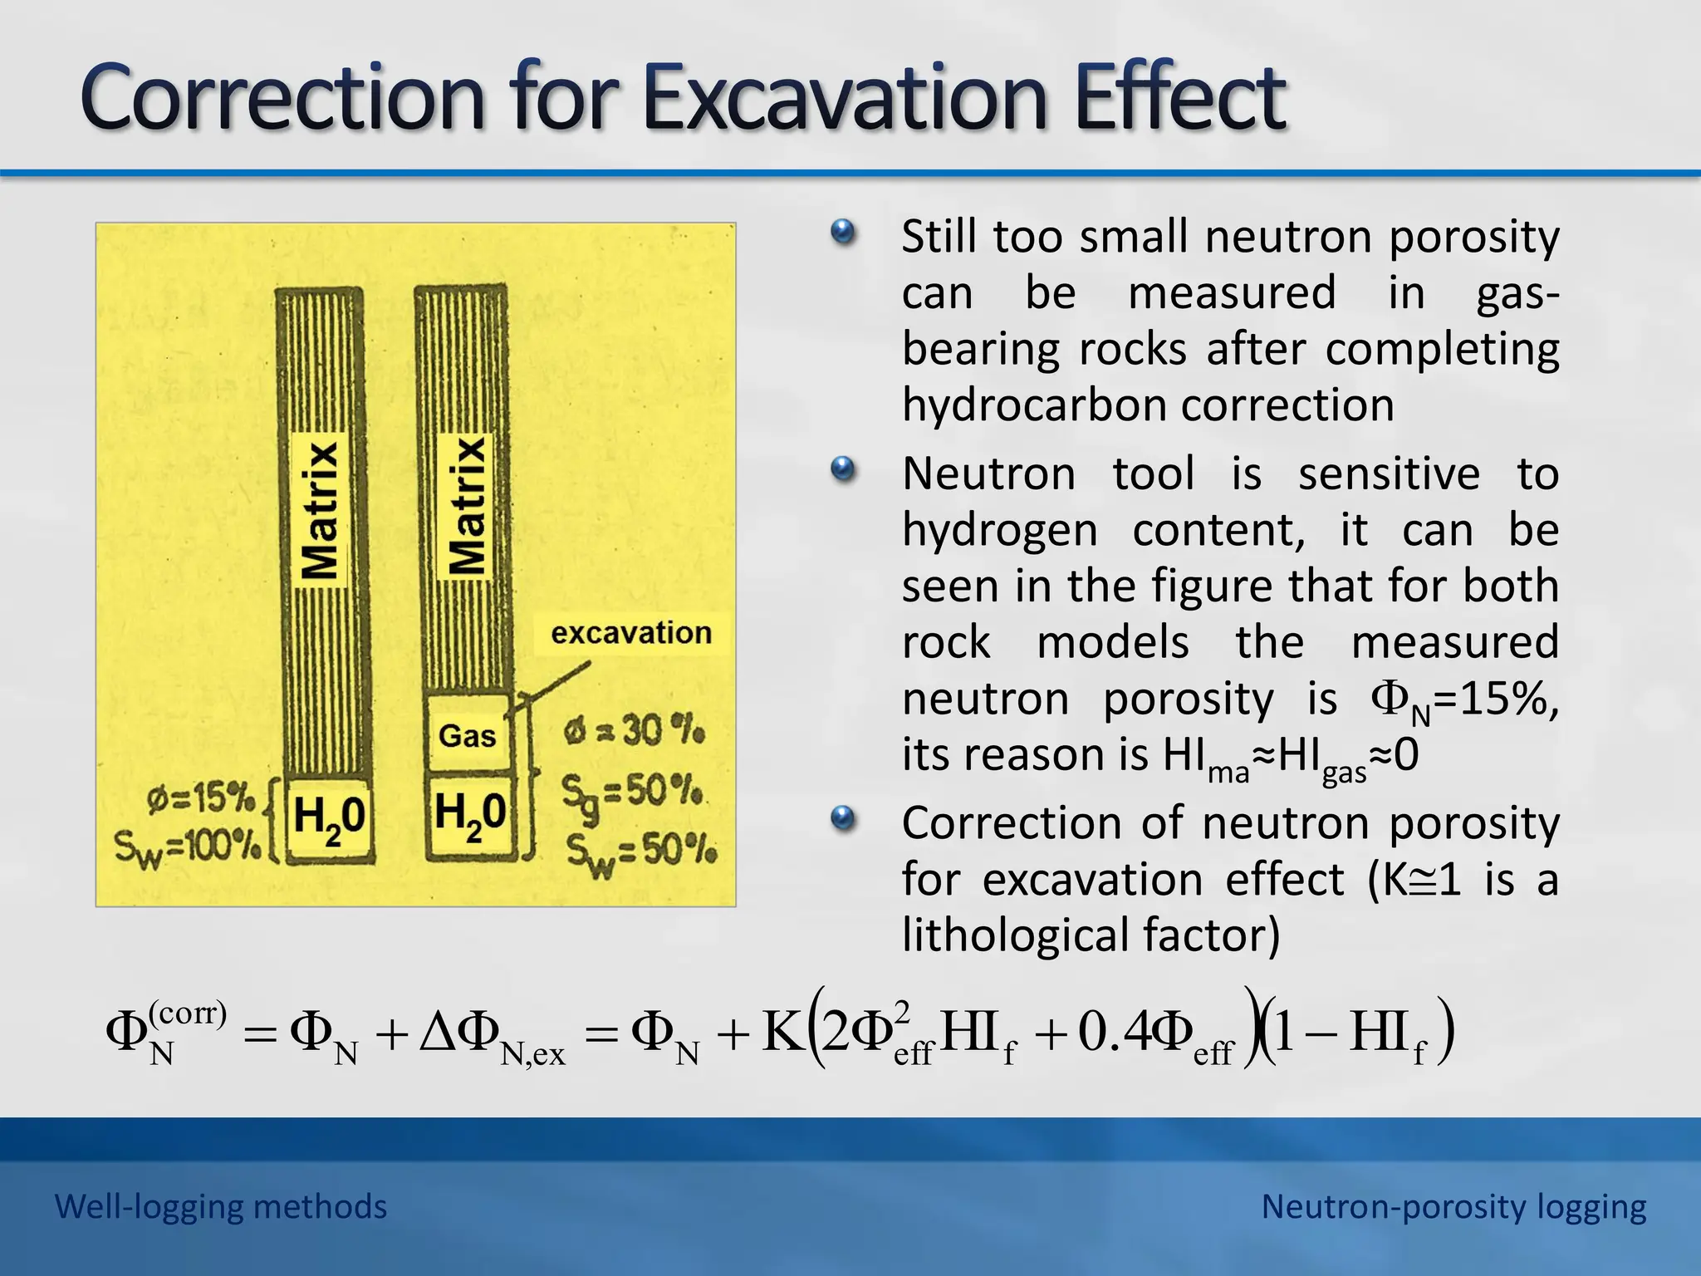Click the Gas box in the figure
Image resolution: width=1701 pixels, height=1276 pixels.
pos(467,735)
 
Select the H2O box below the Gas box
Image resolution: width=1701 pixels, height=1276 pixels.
pos(469,814)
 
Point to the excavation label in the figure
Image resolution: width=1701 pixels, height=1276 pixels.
pos(631,633)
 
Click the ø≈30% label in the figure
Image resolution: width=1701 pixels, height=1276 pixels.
pos(635,732)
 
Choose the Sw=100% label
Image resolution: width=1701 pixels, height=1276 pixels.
pos(187,847)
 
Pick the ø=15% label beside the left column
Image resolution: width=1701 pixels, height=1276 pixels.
pos(200,799)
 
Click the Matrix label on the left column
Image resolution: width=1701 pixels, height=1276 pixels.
pos(321,508)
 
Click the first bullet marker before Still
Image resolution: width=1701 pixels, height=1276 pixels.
pos(842,232)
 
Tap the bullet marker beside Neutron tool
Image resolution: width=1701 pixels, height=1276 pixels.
pos(842,469)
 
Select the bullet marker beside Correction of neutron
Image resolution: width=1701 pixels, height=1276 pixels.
pos(842,818)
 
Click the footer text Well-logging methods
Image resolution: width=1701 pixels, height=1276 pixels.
pos(220,1206)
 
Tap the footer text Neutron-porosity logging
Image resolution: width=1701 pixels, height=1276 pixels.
pos(1453,1206)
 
